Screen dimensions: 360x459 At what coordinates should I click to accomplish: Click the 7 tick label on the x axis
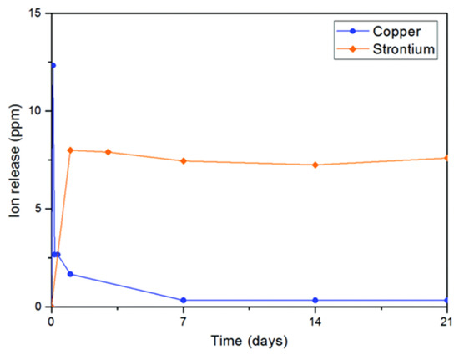pos(183,319)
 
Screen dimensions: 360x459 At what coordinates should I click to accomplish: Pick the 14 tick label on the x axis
pos(315,319)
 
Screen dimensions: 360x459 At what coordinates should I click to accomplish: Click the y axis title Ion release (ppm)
pos(16,159)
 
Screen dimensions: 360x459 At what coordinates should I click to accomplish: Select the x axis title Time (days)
pos(250,342)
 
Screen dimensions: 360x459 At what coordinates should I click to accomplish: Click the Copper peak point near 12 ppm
pos(53,65)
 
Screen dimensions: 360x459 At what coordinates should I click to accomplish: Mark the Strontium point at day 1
pos(70,150)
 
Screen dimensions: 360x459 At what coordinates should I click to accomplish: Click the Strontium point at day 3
pos(108,152)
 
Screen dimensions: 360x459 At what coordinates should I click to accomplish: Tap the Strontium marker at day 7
pos(183,160)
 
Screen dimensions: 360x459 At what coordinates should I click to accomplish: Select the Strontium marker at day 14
pos(315,165)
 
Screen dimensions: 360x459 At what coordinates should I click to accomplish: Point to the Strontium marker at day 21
pos(446,158)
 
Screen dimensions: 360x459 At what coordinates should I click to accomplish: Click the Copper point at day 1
pos(70,274)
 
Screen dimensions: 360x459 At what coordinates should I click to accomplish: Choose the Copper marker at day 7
pos(183,300)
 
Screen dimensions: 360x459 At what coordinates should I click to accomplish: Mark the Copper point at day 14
pos(315,300)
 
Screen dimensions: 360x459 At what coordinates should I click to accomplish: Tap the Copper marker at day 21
pos(446,300)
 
